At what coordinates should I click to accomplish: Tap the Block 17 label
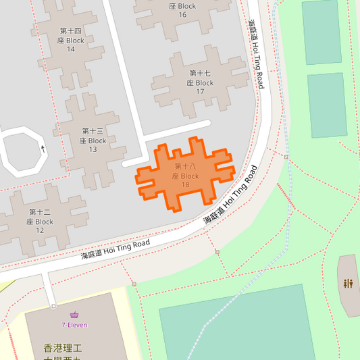coord(200,82)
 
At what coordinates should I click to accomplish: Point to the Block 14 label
coord(71,41)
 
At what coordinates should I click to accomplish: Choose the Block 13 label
coord(93,140)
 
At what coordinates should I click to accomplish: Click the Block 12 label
coord(40,221)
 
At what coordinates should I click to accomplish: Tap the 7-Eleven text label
coord(74,325)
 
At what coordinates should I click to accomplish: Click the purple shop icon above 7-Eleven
coord(74,315)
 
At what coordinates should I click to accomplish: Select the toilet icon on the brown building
coord(349,283)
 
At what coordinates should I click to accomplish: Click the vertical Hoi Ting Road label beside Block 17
coord(255,54)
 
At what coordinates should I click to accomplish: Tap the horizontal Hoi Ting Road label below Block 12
coord(115,248)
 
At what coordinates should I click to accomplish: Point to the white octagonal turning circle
coord(22,153)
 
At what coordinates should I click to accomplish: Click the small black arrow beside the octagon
coord(43,149)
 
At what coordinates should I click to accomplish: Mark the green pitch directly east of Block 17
coord(327,105)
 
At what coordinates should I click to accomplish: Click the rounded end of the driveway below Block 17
coord(205,124)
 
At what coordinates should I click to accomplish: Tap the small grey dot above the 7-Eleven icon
coord(51,306)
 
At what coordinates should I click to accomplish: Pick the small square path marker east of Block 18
coord(286,157)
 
